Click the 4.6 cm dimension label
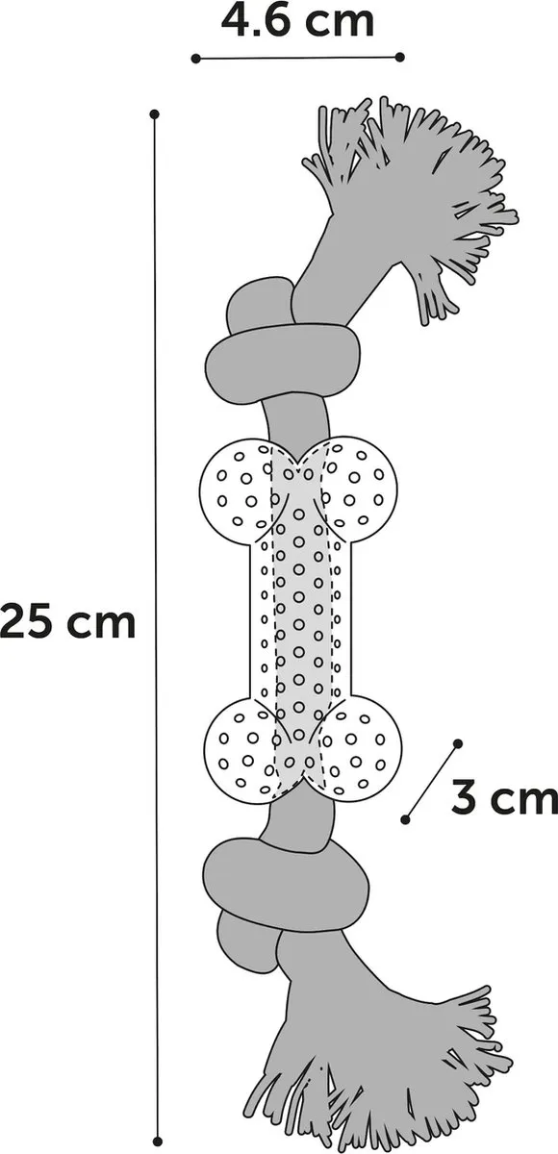pos(298,21)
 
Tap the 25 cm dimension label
pos(67,622)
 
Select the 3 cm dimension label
pos(504,797)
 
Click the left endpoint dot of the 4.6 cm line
pos(196,59)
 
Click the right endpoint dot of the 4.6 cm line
pos(400,57)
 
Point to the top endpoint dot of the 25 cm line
pos(154,113)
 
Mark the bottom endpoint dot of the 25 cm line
pos(159,1141)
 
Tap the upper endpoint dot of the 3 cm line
pos(458,743)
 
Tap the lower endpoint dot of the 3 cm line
pos(406,819)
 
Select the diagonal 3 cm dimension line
pos(432,782)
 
